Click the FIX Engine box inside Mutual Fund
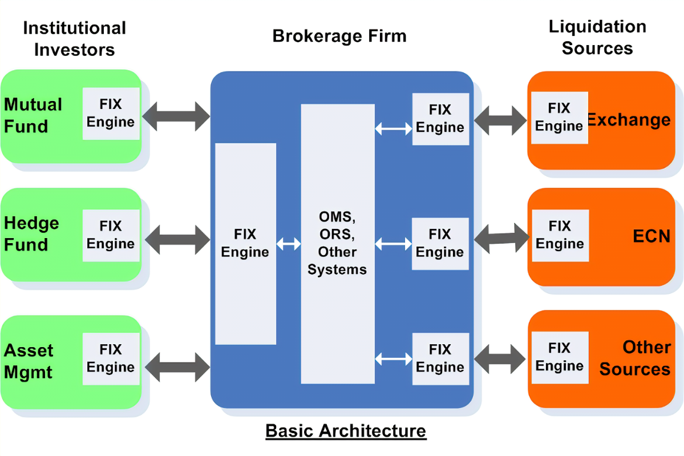[111, 114]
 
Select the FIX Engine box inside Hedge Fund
[111, 235]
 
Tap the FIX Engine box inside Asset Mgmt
[111, 358]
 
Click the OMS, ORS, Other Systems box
[337, 244]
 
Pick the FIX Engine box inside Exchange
[559, 118]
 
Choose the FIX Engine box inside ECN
[559, 235]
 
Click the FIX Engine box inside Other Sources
[559, 357]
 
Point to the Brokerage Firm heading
[339, 36]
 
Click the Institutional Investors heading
[74, 38]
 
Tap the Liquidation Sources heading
[597, 37]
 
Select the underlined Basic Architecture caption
[346, 430]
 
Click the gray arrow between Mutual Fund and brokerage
[176, 116]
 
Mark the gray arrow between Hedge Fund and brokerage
[176, 239]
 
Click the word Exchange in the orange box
[629, 120]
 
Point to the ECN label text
[651, 236]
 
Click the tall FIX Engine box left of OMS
[245, 244]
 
